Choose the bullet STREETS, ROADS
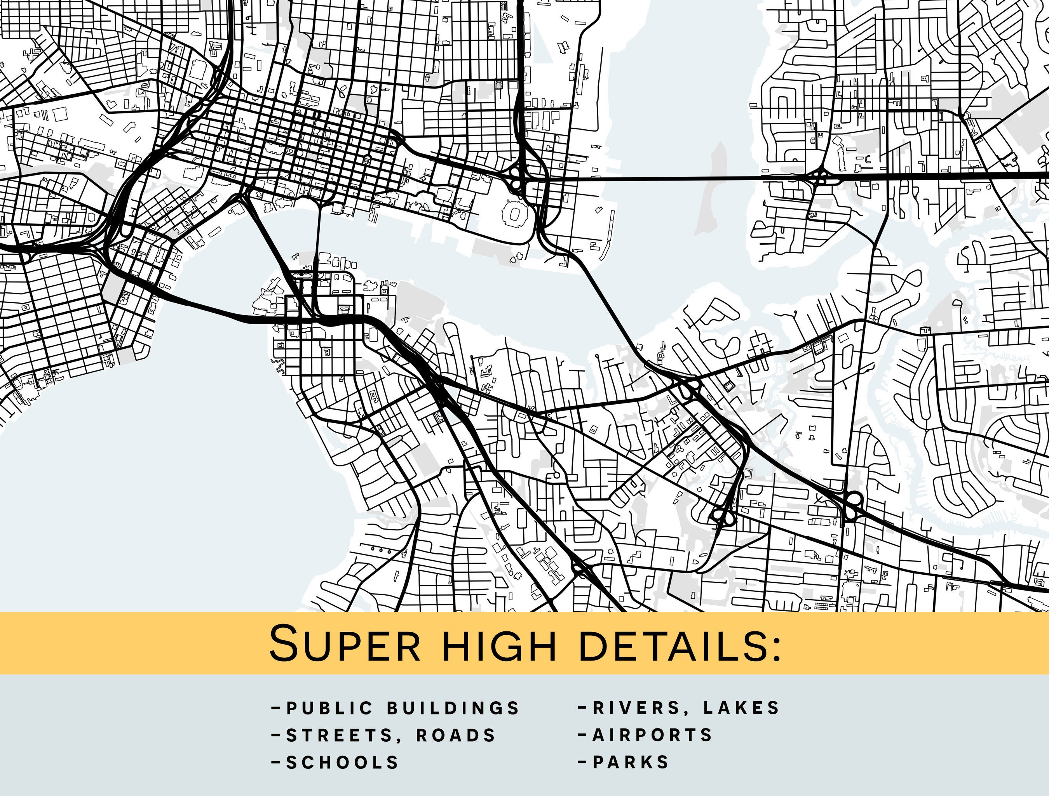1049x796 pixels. coord(391,735)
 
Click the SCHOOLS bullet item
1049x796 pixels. coord(342,762)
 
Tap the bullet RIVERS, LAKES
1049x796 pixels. coord(686,708)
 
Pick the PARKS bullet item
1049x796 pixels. coord(631,762)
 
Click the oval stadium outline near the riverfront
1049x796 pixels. coord(514,214)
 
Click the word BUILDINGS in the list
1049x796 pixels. coord(453,708)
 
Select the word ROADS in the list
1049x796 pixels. coord(456,735)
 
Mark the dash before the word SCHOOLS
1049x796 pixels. coord(275,762)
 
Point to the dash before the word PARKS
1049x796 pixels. coord(583,762)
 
